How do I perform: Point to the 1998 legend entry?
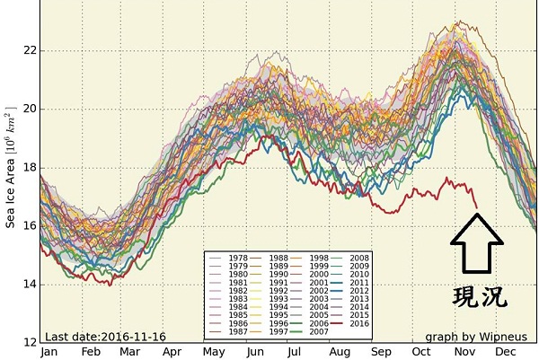(318, 259)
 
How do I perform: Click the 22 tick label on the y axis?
(30, 49)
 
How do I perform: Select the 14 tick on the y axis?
(30, 284)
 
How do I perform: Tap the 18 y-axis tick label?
(30, 167)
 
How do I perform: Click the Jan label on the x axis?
(50, 352)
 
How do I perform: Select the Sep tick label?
(382, 352)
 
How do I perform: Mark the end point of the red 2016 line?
(476, 207)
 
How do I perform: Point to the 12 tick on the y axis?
(30, 342)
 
